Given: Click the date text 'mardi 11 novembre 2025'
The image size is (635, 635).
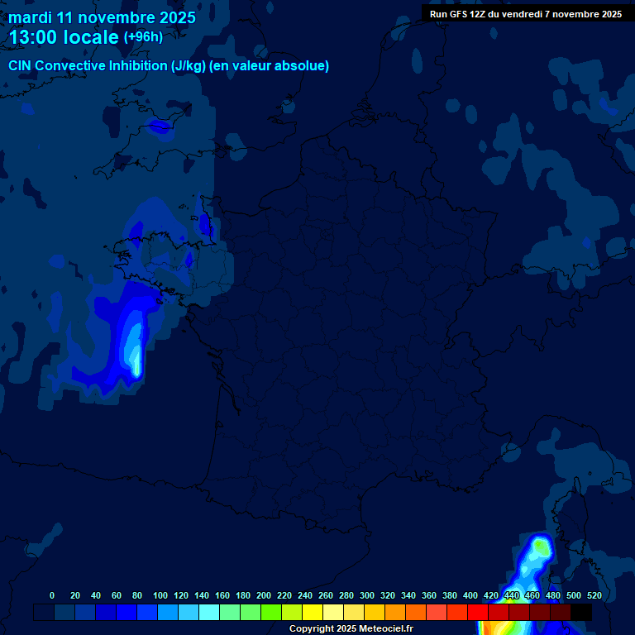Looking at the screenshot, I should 102,18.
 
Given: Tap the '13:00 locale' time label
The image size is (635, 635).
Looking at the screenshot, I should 64,38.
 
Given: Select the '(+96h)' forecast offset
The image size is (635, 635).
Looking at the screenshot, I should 143,37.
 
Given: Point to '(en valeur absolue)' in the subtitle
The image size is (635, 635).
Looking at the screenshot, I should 269,66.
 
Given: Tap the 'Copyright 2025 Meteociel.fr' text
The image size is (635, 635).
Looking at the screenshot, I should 351,629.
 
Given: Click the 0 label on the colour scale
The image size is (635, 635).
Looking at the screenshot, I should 52,595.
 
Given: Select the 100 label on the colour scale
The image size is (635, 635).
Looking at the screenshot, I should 160,595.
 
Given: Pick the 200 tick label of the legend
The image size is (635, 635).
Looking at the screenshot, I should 264,595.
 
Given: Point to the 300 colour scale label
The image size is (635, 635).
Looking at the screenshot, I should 367,595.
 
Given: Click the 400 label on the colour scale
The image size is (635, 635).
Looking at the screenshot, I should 470,595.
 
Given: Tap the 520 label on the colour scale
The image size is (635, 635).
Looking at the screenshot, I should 594,595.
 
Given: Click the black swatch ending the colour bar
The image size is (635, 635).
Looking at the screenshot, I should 581,613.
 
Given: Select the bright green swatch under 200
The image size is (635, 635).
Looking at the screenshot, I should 271,613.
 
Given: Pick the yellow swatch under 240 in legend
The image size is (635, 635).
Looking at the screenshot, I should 313,613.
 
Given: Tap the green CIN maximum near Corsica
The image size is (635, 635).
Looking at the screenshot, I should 541,547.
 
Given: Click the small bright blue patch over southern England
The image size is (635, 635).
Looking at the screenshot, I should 156,126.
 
